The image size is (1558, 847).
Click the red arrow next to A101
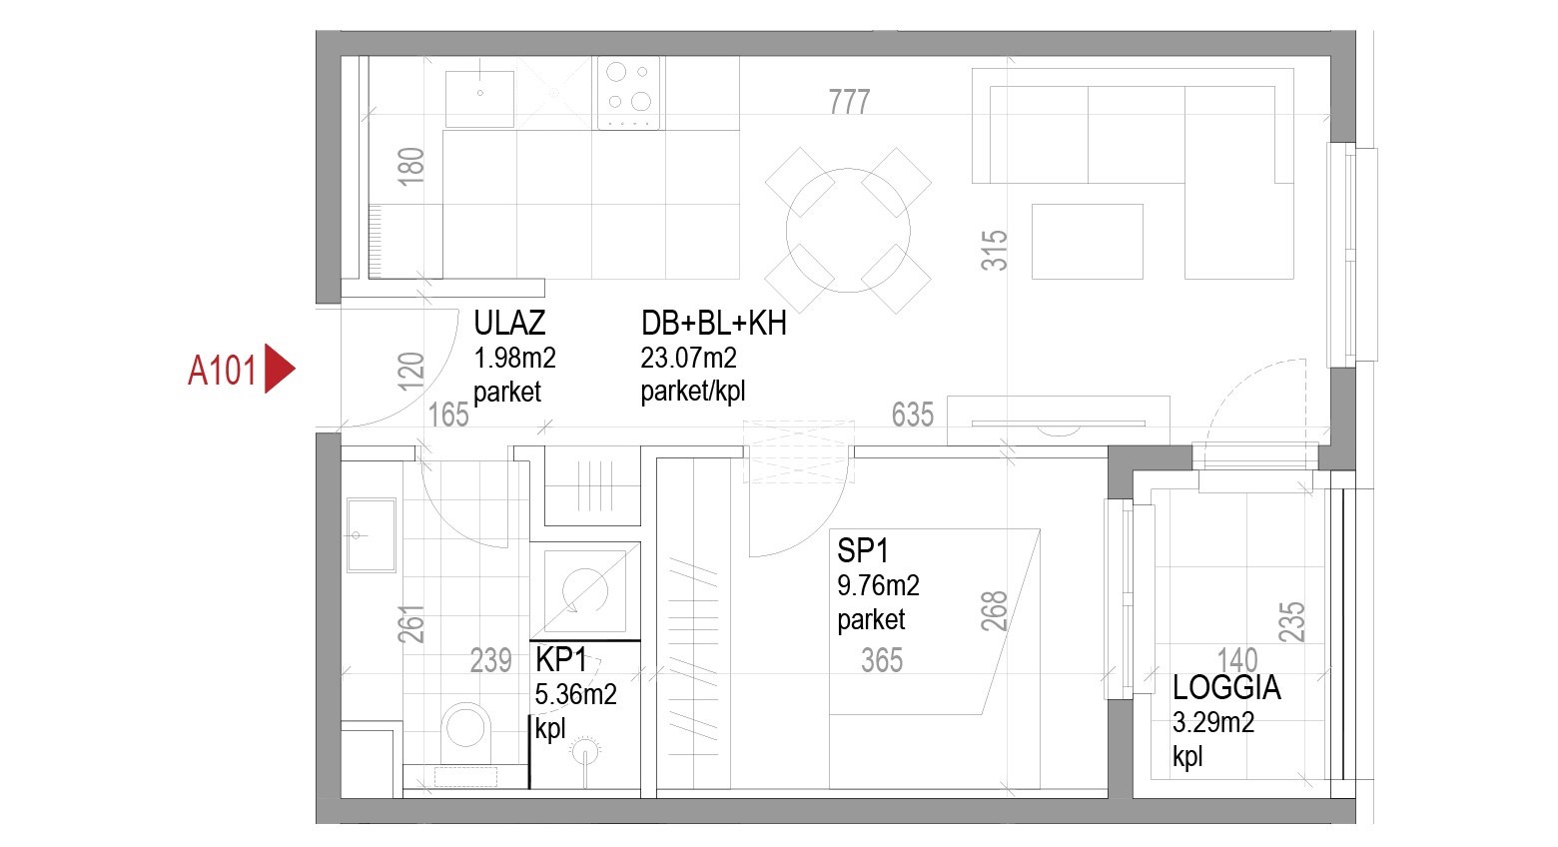click(x=279, y=369)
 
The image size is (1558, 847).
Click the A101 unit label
click(x=222, y=370)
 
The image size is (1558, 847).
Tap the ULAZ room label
click(x=509, y=323)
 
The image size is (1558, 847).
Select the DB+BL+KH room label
click(x=714, y=324)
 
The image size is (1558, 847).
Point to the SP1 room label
click(x=863, y=550)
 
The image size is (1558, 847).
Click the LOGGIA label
click(x=1226, y=688)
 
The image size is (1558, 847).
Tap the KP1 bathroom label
click(x=561, y=659)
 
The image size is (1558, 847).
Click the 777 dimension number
click(x=849, y=102)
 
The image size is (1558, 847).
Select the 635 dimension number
click(x=913, y=415)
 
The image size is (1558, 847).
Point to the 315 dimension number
click(x=994, y=251)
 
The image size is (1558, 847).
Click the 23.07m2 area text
click(x=688, y=358)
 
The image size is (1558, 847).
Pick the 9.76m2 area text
click(x=878, y=585)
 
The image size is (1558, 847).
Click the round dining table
click(x=848, y=230)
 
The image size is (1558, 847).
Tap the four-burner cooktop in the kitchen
click(x=628, y=93)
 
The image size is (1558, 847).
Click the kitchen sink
click(x=480, y=99)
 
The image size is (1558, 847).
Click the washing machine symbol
click(x=585, y=591)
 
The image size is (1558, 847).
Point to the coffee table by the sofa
click(x=1088, y=242)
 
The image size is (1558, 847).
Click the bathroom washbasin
click(x=371, y=534)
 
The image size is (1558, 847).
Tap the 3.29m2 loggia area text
click(x=1213, y=722)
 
